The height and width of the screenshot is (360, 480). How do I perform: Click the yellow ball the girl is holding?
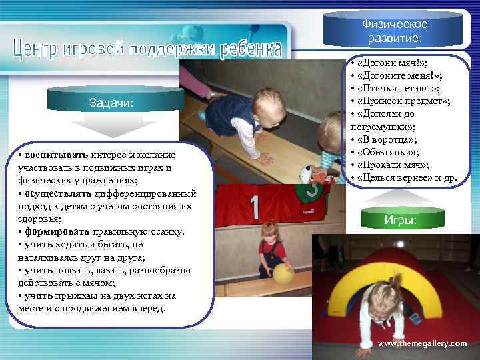283,273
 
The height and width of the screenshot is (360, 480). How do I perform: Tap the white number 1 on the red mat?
255,207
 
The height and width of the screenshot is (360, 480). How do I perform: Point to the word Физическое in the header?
395,25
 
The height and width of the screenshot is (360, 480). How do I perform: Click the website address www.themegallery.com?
422,343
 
